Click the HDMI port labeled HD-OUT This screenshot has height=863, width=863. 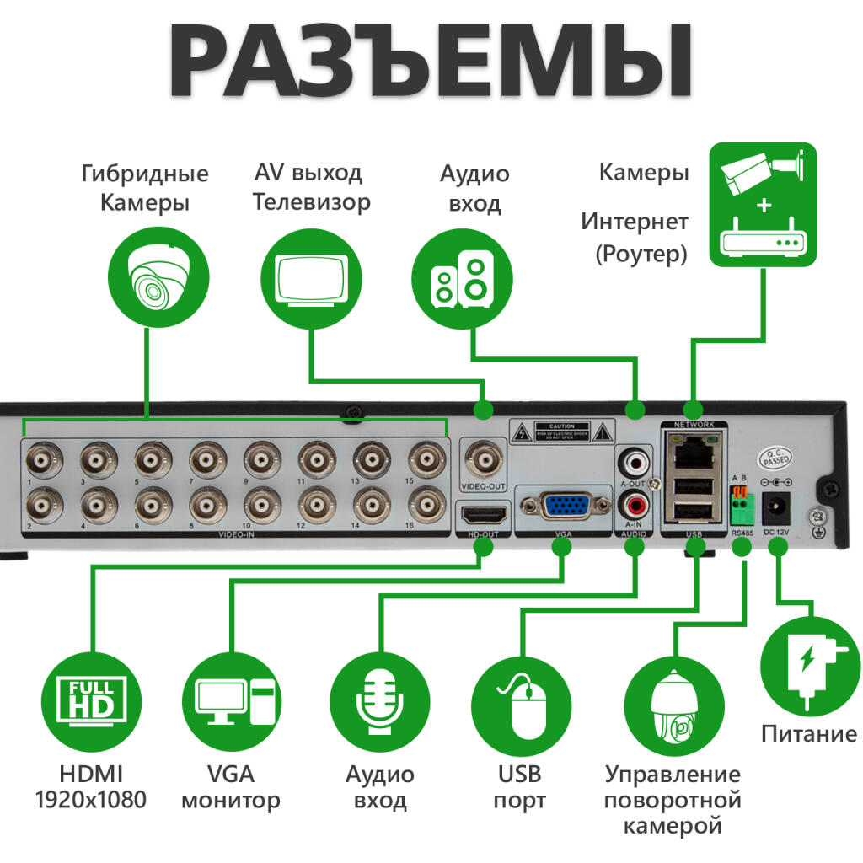click(x=484, y=512)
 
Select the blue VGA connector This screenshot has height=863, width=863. click(x=566, y=507)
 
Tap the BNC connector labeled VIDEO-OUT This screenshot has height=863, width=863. click(x=483, y=460)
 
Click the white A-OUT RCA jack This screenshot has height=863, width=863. click(x=633, y=461)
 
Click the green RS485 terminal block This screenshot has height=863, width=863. click(x=741, y=507)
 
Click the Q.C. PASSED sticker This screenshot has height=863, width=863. click(x=775, y=457)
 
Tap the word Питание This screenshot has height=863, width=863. click(x=808, y=733)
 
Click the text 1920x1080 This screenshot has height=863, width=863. click(x=91, y=799)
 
